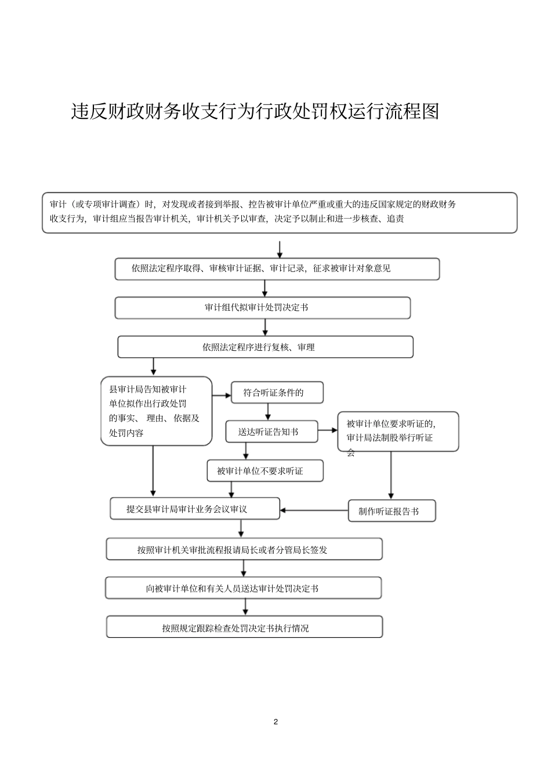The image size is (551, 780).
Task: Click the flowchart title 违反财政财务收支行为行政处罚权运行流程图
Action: (255, 111)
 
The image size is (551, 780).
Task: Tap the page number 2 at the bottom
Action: (275, 722)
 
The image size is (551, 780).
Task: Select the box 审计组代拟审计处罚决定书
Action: (262, 308)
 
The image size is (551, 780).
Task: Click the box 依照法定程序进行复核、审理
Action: (265, 347)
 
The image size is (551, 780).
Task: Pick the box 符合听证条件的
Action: (277, 393)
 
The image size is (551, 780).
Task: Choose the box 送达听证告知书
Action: (271, 431)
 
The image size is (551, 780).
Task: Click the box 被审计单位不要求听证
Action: (264, 471)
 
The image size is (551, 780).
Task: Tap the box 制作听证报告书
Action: (391, 511)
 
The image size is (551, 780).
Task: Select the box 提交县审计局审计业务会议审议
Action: (195, 509)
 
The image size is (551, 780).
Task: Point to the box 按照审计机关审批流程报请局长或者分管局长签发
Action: (244, 549)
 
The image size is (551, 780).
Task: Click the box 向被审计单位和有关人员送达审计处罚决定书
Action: (243, 588)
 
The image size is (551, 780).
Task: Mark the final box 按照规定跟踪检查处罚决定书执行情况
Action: (244, 627)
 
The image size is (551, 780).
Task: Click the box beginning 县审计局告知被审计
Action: (156, 411)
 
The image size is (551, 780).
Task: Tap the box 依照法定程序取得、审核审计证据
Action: (277, 269)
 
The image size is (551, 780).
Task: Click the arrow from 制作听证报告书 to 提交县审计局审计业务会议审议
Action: (314, 510)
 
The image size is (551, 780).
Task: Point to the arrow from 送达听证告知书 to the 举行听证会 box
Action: (328, 430)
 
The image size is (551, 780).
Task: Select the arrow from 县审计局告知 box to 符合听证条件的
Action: (222, 396)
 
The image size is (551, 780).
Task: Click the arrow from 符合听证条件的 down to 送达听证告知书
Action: (268, 412)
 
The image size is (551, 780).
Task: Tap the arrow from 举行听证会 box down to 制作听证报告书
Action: (390, 476)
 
